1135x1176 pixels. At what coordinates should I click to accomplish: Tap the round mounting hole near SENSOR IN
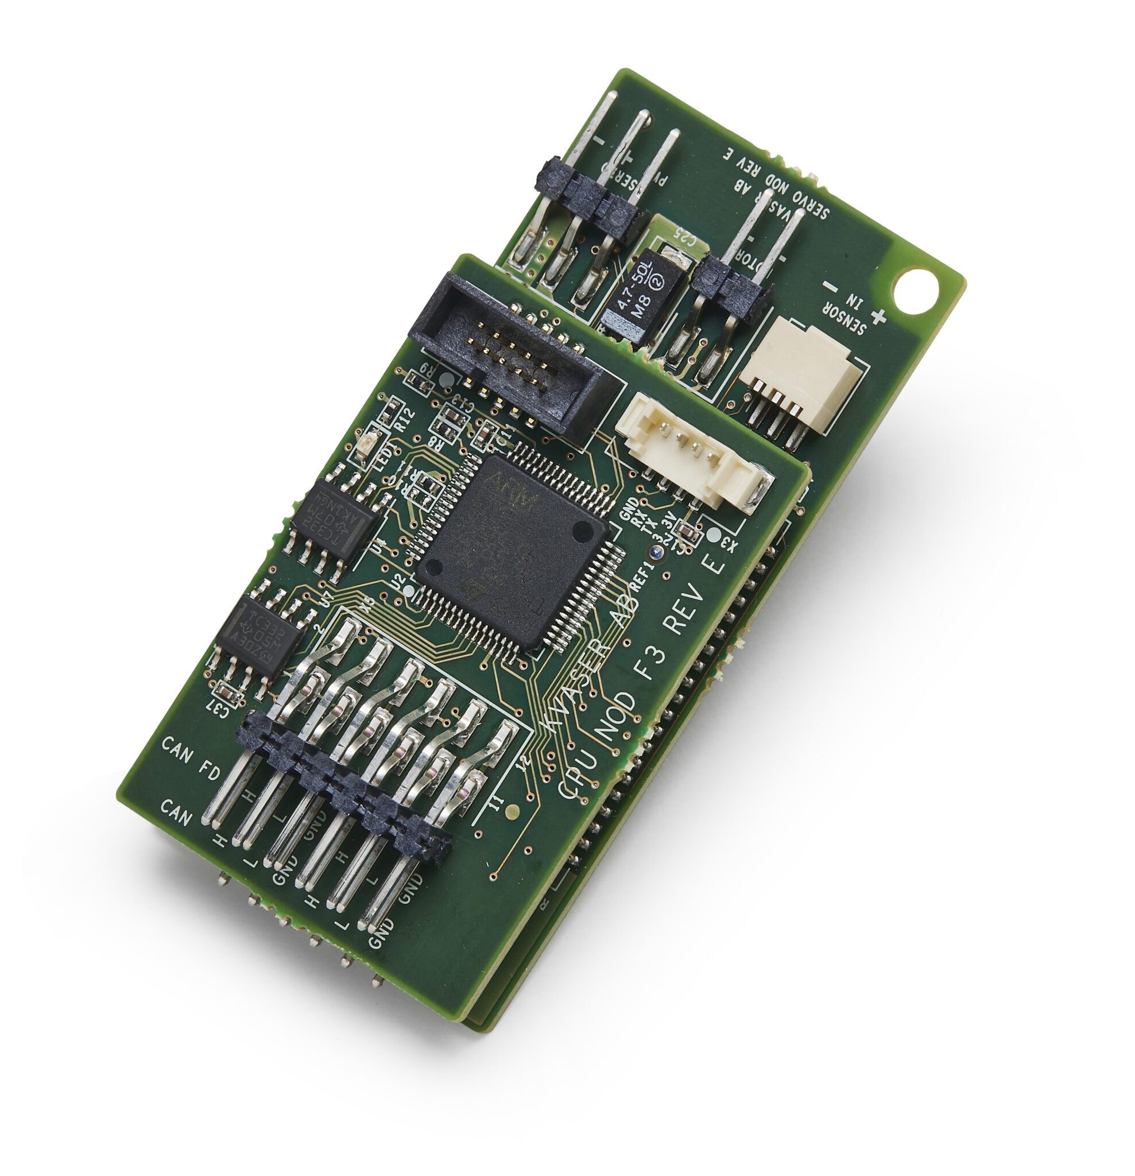914,291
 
